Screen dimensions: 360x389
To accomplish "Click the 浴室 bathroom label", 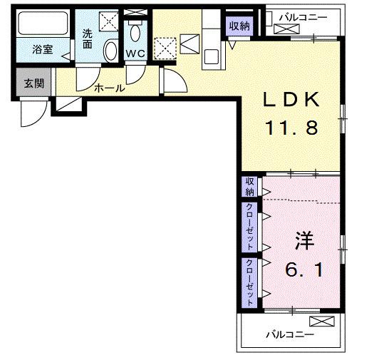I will pyautogui.click(x=43, y=51).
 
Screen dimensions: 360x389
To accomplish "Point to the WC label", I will pyautogui.click(x=135, y=54).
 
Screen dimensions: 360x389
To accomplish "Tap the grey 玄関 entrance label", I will pyautogui.click(x=33, y=83).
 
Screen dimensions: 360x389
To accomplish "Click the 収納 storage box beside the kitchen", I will pyautogui.click(x=239, y=26).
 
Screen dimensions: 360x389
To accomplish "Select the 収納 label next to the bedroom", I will pyautogui.click(x=249, y=187).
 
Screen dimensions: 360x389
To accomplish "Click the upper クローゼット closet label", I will pyautogui.click(x=249, y=226).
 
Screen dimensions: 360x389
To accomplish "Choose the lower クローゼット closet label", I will pyautogui.click(x=249, y=282).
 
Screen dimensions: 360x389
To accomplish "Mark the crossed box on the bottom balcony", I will pyautogui.click(x=322, y=322).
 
